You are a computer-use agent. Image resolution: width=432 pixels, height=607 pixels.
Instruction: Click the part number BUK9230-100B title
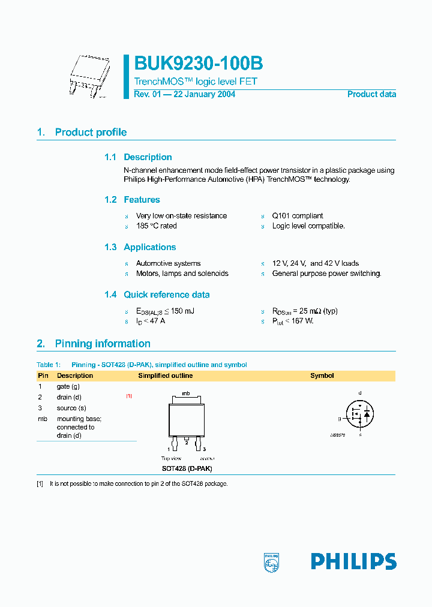pyautogui.click(x=198, y=64)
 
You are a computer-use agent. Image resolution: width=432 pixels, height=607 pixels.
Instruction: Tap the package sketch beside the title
pyautogui.click(x=88, y=77)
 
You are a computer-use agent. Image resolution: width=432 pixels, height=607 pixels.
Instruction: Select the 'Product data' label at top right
pyautogui.click(x=371, y=94)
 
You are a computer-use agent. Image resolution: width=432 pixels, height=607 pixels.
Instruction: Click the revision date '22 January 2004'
pyautogui.click(x=204, y=94)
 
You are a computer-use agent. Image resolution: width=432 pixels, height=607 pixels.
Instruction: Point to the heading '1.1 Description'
pyautogui.click(x=138, y=157)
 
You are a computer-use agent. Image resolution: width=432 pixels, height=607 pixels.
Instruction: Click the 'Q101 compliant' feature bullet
pyautogui.click(x=297, y=215)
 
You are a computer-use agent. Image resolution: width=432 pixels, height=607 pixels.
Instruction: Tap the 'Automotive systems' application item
pyautogui.click(x=168, y=263)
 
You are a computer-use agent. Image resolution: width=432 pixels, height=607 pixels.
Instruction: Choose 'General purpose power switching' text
pyautogui.click(x=326, y=274)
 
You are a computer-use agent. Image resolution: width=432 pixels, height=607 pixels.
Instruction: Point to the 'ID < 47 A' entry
pyautogui.click(x=151, y=321)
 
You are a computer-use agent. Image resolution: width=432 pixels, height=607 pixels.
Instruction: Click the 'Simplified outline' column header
pyautogui.click(x=166, y=375)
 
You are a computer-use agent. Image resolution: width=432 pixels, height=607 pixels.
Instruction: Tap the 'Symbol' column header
pyautogui.click(x=322, y=375)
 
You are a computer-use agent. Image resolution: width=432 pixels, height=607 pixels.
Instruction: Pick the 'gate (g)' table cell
pyautogui.click(x=68, y=387)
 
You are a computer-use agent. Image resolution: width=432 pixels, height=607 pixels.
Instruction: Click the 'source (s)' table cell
pyautogui.click(x=70, y=408)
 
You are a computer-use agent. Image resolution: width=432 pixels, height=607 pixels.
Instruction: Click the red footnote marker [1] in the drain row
pyautogui.click(x=129, y=396)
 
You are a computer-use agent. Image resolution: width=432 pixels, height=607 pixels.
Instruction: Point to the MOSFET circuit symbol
pyautogui.click(x=360, y=413)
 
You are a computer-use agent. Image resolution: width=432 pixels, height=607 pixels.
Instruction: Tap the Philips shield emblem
pyautogui.click(x=271, y=562)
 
